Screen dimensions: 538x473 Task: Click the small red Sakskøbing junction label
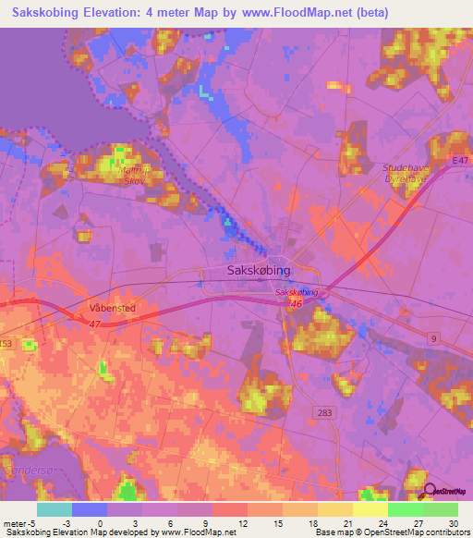click(297, 292)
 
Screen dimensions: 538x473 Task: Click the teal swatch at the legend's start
click(55, 508)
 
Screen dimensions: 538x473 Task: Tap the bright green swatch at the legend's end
click(440, 508)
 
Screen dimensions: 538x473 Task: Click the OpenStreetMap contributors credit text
click(422, 532)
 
